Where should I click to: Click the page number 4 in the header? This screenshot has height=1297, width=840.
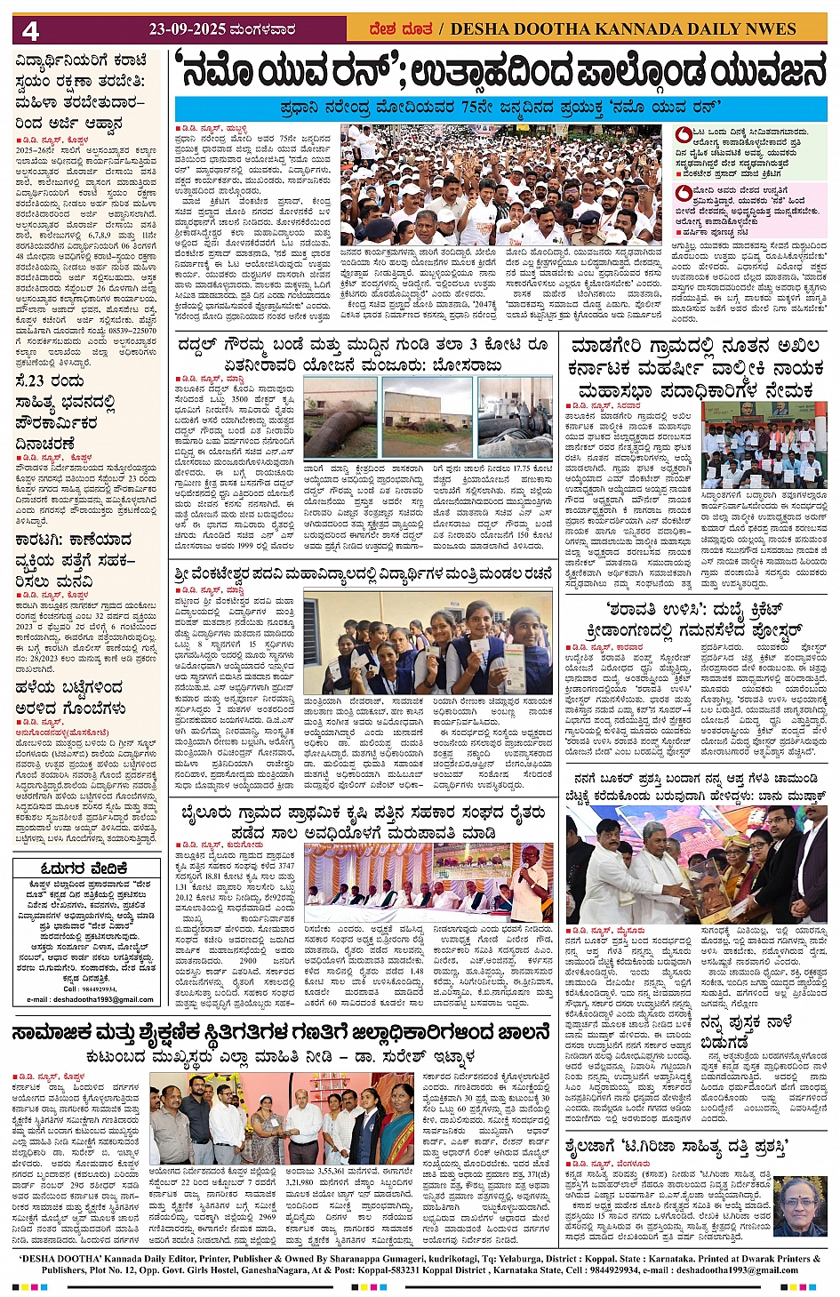31,31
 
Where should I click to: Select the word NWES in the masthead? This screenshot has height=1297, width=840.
771,29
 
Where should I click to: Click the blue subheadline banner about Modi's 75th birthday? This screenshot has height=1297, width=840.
500,108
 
